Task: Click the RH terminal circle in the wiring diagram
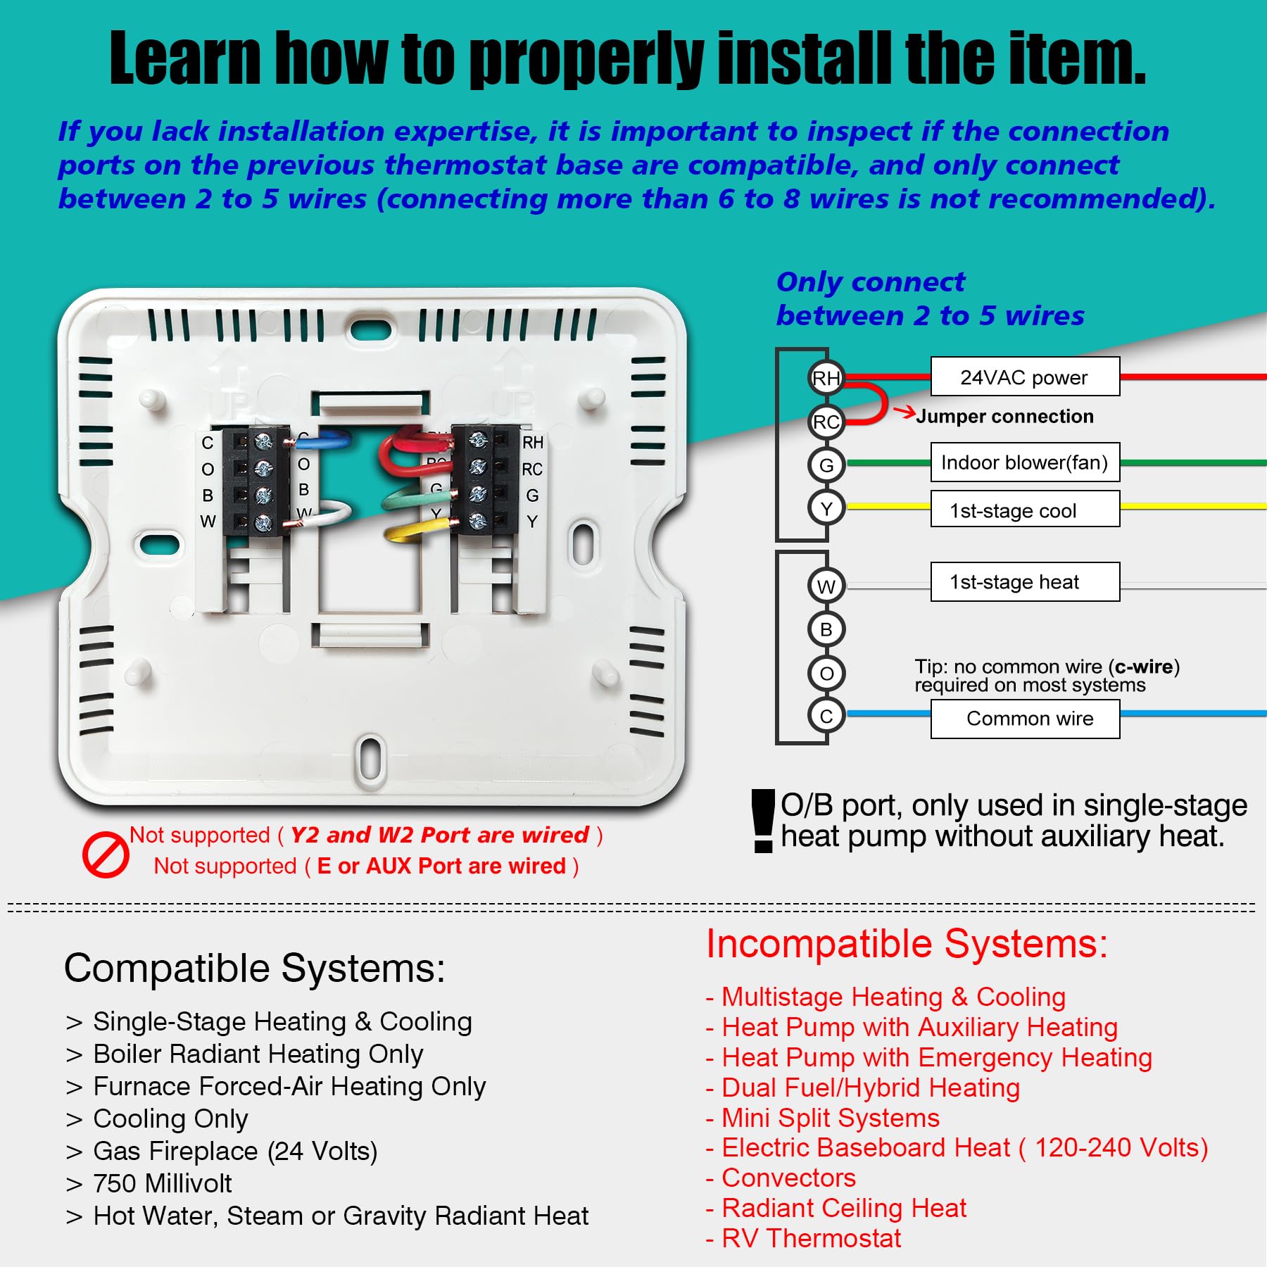pyautogui.click(x=826, y=378)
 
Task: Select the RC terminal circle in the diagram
pyautogui.click(x=826, y=422)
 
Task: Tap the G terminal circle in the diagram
pyautogui.click(x=826, y=465)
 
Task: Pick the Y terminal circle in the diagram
pyautogui.click(x=826, y=508)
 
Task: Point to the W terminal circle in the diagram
pyautogui.click(x=826, y=586)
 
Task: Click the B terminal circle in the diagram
pyautogui.click(x=826, y=629)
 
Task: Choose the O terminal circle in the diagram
pyautogui.click(x=826, y=673)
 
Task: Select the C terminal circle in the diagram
pyautogui.click(x=826, y=716)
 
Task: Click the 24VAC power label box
pyautogui.click(x=1025, y=377)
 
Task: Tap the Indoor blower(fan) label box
pyautogui.click(x=1025, y=462)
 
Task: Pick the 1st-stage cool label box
pyautogui.click(x=1025, y=510)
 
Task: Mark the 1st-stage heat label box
pyautogui.click(x=1025, y=582)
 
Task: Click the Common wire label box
pyautogui.click(x=1025, y=719)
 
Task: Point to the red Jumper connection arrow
pyautogui.click(x=904, y=411)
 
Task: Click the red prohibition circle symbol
pyautogui.click(x=106, y=855)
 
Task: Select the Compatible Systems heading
pyautogui.click(x=254, y=969)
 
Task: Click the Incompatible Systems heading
pyautogui.click(x=907, y=944)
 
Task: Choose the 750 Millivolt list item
pyautogui.click(x=162, y=1184)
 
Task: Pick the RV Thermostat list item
pyautogui.click(x=811, y=1238)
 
